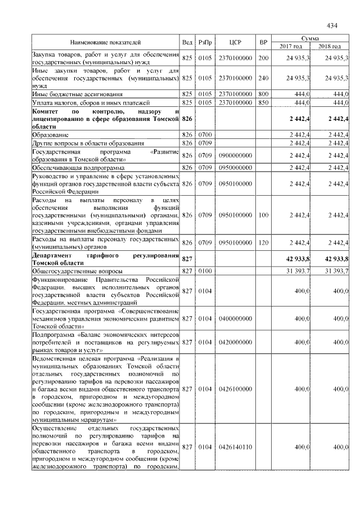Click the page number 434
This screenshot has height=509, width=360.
click(331, 25)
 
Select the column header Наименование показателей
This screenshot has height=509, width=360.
click(105, 42)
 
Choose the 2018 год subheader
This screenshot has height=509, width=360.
click(330, 46)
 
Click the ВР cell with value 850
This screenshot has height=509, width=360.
click(262, 102)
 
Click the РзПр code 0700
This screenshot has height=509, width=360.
click(205, 135)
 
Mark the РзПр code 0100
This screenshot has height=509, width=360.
click(205, 271)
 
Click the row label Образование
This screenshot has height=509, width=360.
click(51, 135)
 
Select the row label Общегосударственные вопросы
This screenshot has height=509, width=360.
click(70, 271)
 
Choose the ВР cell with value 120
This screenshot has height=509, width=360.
click(262, 242)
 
